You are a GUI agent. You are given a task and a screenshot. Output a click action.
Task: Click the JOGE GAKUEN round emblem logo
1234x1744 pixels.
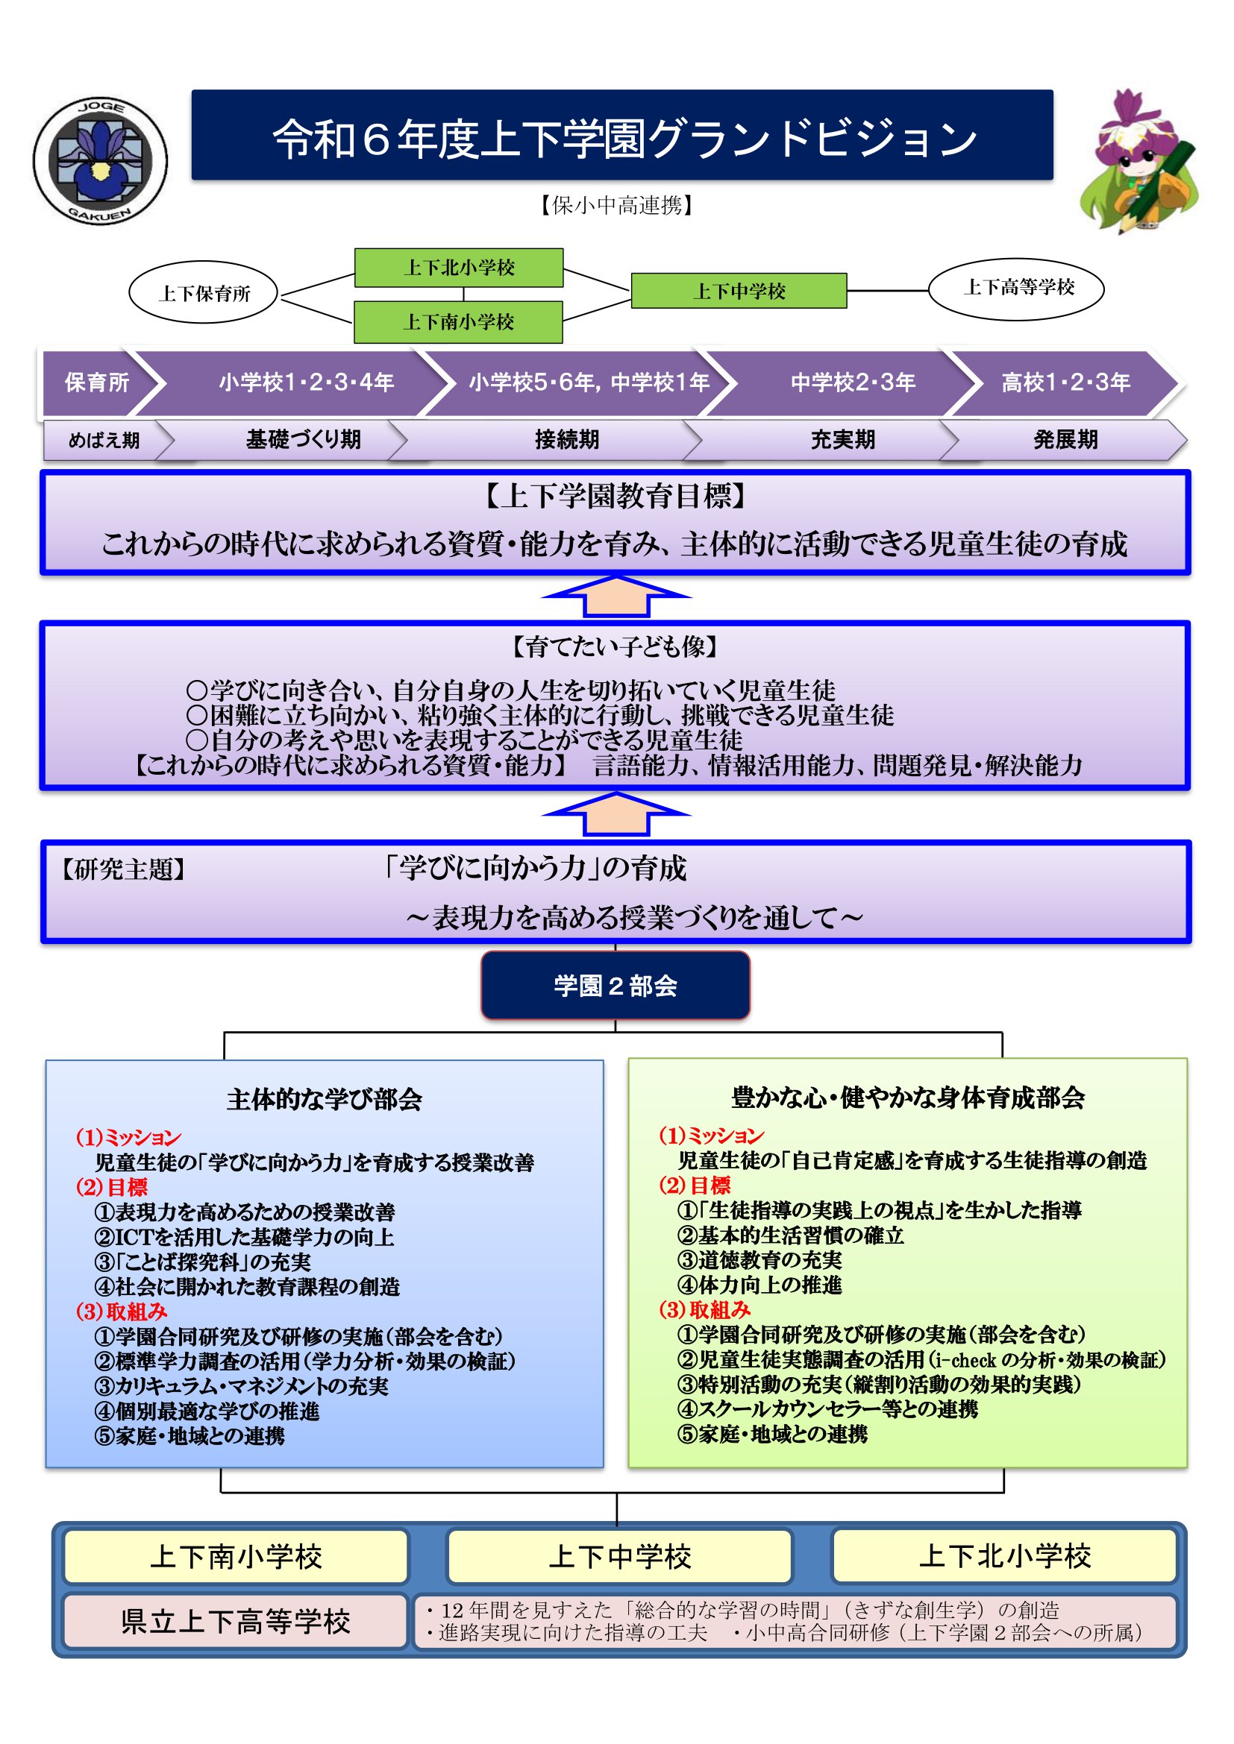click(99, 160)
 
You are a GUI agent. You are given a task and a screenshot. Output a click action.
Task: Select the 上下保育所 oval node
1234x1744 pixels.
click(204, 293)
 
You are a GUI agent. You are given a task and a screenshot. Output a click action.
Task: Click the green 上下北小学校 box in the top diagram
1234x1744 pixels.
click(458, 268)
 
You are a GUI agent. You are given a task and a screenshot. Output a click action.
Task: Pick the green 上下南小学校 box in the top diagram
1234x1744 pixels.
click(458, 322)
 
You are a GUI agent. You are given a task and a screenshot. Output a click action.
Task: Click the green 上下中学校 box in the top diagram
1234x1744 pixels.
click(739, 291)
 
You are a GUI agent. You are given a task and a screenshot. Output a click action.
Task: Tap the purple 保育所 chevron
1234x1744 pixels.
click(97, 382)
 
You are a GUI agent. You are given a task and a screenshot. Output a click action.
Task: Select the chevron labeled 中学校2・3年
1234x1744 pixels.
click(852, 382)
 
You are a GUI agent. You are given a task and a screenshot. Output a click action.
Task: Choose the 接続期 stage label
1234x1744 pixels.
click(566, 440)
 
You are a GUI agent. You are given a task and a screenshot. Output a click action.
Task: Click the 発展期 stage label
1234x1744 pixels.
click(1065, 440)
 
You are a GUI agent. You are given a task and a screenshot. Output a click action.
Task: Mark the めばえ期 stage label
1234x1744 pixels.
click(104, 441)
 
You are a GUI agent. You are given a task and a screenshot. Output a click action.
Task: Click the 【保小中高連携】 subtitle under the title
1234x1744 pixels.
click(616, 205)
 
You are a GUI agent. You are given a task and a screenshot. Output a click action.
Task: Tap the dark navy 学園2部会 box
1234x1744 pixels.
click(616, 985)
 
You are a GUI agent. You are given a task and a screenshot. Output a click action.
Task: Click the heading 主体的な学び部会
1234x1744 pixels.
click(324, 1098)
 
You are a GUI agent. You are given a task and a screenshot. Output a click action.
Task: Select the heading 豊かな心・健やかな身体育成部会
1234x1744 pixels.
click(907, 1097)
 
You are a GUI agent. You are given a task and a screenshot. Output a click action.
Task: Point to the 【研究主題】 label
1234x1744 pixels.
click(123, 869)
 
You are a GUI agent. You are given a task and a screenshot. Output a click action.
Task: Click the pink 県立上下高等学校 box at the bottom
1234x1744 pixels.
click(236, 1621)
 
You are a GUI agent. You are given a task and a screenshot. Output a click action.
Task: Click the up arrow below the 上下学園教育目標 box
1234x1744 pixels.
click(616, 597)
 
